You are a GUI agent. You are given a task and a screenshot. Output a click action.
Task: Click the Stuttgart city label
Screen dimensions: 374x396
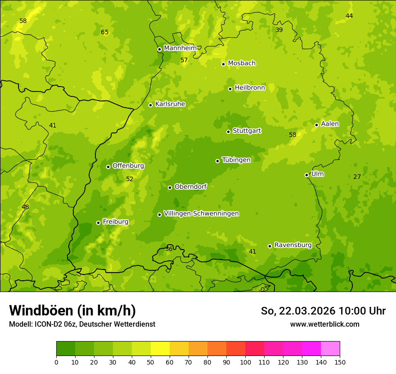click(247, 131)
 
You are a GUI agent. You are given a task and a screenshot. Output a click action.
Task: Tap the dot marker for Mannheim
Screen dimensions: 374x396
click(159, 50)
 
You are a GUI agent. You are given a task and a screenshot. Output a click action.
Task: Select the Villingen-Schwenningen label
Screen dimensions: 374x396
click(201, 214)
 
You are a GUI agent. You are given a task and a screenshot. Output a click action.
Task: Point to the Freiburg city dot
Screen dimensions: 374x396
click(98, 223)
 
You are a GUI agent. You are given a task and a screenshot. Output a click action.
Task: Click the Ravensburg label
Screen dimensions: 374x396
click(292, 245)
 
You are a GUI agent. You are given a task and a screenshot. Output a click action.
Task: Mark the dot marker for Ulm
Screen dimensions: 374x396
click(306, 175)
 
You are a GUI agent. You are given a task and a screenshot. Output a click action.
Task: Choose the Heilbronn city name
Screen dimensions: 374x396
click(250, 88)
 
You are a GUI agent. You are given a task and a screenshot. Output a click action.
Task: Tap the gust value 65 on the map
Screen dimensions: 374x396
click(104, 32)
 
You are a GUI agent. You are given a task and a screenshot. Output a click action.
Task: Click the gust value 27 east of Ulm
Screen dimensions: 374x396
click(357, 177)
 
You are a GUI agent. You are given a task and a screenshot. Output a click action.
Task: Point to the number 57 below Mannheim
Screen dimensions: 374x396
click(184, 60)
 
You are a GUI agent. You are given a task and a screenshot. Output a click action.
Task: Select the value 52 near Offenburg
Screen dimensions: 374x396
click(130, 179)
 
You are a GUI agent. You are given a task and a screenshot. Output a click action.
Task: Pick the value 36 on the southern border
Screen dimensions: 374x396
click(169, 249)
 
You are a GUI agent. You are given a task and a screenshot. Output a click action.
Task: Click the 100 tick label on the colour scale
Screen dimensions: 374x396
click(245, 362)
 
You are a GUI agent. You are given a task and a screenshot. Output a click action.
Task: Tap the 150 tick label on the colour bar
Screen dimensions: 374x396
click(340, 362)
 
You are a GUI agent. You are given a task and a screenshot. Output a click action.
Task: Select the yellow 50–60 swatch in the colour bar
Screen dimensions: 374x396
click(160, 349)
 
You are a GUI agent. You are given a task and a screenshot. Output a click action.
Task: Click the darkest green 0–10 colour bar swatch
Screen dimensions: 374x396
click(66, 349)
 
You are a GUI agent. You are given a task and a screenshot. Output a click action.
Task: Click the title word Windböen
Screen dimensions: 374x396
click(41, 310)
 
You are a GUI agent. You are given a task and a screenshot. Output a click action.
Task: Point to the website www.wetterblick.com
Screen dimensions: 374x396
click(324, 324)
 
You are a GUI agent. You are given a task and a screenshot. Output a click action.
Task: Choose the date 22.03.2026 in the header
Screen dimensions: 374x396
click(307, 311)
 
